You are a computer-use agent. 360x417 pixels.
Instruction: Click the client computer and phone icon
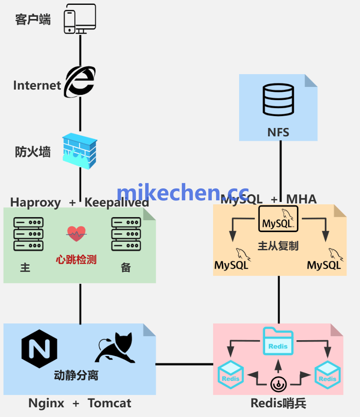coord(80,19)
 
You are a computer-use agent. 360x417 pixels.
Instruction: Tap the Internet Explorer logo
coord(80,82)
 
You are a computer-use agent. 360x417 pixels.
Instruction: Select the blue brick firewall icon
coord(80,151)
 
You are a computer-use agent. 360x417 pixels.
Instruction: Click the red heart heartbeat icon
coord(76,233)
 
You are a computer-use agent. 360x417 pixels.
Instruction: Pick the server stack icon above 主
coord(29,234)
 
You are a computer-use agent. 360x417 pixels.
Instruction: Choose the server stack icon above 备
coord(126,234)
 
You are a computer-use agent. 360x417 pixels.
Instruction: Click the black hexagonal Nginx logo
coord(39,349)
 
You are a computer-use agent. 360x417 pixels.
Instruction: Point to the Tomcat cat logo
coord(116,348)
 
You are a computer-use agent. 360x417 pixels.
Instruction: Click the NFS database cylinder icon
coord(278,100)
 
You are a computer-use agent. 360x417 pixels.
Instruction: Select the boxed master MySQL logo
coord(278,219)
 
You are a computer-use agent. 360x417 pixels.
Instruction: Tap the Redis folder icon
coord(278,341)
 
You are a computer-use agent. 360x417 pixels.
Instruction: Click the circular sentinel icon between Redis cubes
coord(278,384)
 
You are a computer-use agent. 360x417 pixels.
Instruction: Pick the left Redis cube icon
coord(231,375)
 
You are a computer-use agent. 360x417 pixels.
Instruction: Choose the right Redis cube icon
coord(327,375)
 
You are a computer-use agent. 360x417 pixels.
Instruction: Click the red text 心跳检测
coord(76,259)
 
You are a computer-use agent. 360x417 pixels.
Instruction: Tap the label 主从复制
coord(278,246)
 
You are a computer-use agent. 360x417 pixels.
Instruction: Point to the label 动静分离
coord(76,376)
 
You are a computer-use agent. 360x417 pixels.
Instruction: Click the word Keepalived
coord(116,203)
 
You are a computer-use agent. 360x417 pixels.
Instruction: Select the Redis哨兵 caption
coord(278,403)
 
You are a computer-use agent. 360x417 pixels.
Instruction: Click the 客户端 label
coord(33,19)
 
